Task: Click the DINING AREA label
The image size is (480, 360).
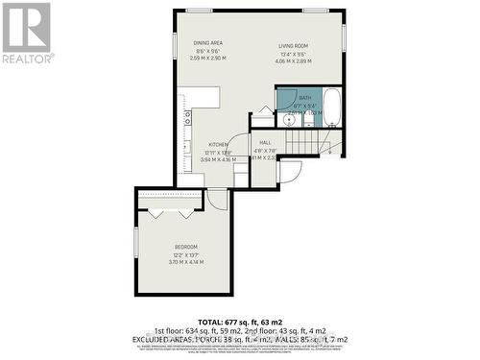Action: point(208,43)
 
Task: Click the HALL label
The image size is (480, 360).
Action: point(265,142)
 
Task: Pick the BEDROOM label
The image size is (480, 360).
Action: point(186,245)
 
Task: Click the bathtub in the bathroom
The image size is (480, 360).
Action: point(331,108)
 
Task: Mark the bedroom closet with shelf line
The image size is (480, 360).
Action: point(171,201)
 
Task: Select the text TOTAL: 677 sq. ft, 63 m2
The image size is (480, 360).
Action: point(240,322)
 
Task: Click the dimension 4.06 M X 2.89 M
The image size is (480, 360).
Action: point(293,60)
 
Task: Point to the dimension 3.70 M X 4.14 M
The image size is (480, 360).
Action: point(186,262)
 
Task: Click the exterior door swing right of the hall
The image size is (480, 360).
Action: point(290,171)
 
